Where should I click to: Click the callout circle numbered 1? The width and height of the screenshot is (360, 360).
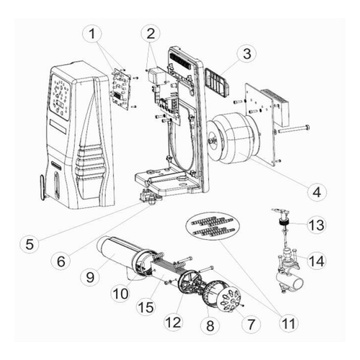[92, 34]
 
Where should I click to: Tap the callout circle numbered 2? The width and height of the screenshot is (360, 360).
[150, 34]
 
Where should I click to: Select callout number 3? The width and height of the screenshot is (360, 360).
[246, 53]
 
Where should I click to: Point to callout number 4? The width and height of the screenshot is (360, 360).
[317, 192]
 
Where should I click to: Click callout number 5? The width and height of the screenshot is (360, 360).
[30, 244]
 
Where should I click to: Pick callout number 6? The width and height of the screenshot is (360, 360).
[61, 261]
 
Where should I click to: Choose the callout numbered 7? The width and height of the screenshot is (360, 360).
[251, 324]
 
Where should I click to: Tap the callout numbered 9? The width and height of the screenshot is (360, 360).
[90, 277]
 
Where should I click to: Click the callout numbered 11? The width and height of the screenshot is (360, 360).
[288, 323]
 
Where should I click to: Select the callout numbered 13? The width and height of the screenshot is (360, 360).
[317, 225]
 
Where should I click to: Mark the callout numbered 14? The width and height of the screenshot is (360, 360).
[317, 261]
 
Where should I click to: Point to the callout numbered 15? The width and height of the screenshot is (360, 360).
[146, 307]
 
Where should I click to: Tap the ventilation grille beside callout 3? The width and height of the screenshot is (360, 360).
[217, 82]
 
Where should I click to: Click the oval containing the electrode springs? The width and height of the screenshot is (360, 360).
[213, 225]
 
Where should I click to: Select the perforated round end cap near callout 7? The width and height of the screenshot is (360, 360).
[230, 300]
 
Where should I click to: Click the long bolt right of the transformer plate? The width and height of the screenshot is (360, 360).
[293, 130]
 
